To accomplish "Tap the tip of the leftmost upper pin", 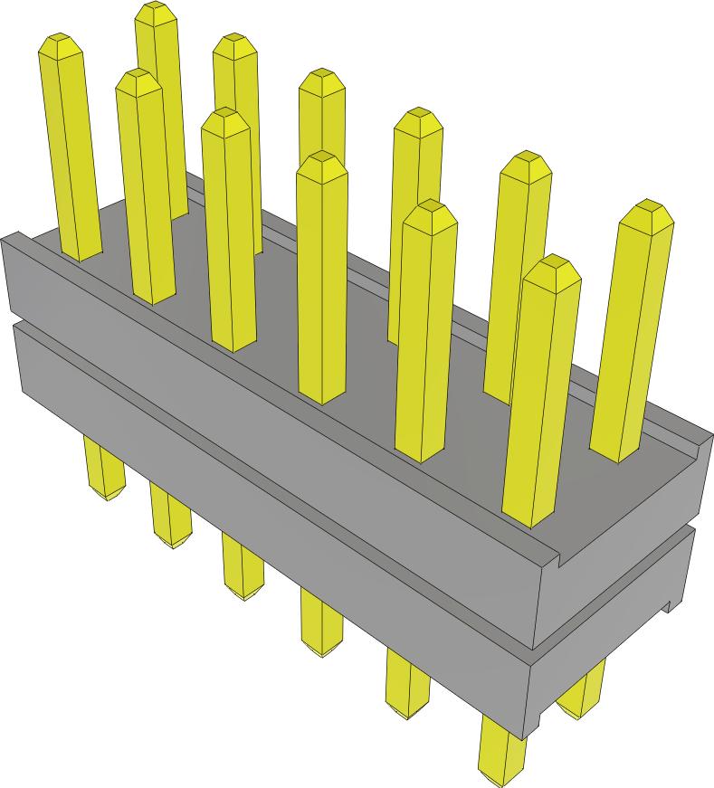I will (x=60, y=42).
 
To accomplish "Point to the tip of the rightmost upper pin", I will (x=649, y=209).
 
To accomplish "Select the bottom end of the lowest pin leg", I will (x=500, y=776).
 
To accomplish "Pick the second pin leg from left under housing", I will (x=170, y=517).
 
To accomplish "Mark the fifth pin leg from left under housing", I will (x=406, y=684).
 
